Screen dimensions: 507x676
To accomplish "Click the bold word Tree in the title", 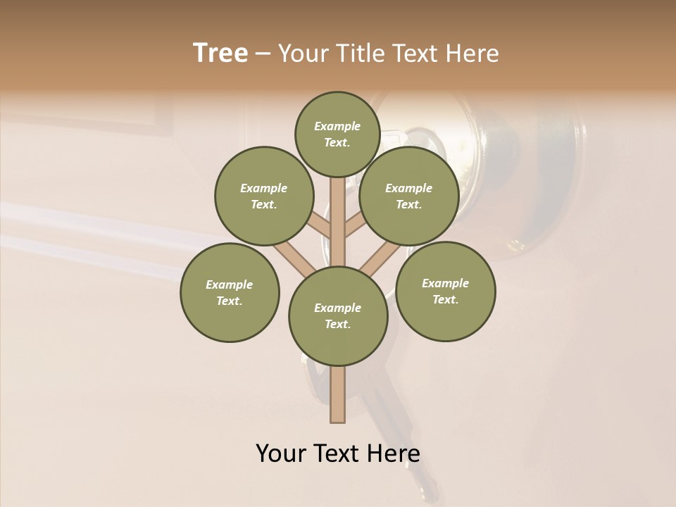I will pos(220,54).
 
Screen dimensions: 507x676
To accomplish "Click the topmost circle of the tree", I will pos(337,134).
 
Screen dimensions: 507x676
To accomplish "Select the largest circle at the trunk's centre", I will pos(338,316).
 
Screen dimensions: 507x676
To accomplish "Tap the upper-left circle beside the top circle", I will pos(264,196).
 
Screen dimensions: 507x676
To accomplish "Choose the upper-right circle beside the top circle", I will pos(408,196).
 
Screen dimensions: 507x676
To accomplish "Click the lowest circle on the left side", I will pos(230,292).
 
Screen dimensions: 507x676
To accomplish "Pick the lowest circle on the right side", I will pos(445,291).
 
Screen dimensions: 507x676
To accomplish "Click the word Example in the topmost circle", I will pos(337,126).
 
